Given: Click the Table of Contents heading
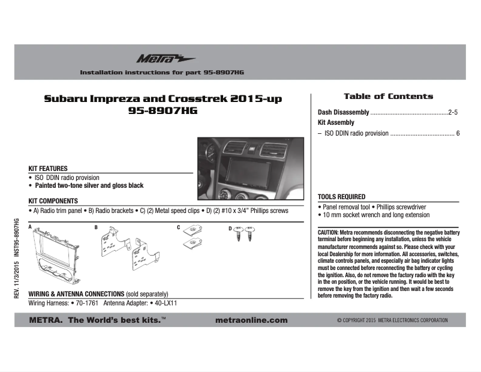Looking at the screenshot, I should point(388,96).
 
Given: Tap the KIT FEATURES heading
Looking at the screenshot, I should point(48,169).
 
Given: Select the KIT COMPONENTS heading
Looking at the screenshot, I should point(53,201).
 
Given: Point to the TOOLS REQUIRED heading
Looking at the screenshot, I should point(341,197).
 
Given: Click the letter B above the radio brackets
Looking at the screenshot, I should point(95,228).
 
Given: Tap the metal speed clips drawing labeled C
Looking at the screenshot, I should point(193,237).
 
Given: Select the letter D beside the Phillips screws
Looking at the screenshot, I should point(230,229).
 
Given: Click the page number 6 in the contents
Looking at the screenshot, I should point(458,133).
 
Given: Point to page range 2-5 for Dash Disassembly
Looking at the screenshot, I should point(453,112).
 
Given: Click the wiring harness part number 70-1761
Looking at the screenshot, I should point(88,304).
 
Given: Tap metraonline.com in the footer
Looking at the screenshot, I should point(251,320).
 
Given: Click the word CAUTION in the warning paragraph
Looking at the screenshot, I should point(328,232).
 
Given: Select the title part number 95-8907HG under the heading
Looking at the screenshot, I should point(163,111).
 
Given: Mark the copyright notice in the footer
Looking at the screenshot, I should point(392,320).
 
